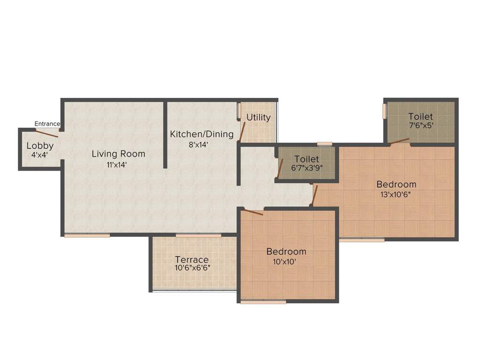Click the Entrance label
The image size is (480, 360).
click(47, 124)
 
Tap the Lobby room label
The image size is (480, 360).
click(40, 145)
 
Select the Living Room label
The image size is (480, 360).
click(118, 154)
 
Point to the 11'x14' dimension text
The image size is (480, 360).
click(116, 165)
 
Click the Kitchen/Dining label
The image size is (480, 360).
click(202, 135)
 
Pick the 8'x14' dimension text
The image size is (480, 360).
click(198, 145)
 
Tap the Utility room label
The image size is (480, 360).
click(258, 117)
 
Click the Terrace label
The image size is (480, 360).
click(192, 260)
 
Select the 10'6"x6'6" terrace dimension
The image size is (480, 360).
click(193, 268)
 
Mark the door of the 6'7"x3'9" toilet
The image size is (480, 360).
click(280, 169)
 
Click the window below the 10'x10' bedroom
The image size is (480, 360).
click(263, 302)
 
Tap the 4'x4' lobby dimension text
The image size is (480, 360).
click(40, 154)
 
